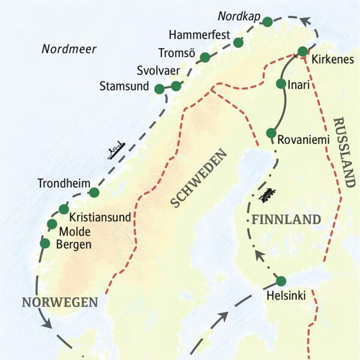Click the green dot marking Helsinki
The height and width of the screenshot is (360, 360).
click(x=280, y=280)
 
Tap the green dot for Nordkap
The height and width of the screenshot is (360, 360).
click(x=268, y=22)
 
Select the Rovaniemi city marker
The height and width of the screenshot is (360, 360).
click(x=271, y=133)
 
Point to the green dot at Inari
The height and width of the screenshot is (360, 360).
click(x=281, y=84)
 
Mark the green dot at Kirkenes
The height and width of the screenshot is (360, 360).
click(x=304, y=51)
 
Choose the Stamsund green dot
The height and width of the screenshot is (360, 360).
click(x=159, y=89)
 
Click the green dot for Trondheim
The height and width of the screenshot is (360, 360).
click(x=94, y=192)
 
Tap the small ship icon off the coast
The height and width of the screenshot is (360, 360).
click(x=115, y=150)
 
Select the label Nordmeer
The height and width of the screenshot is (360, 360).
click(x=69, y=49)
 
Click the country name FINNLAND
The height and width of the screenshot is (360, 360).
click(x=286, y=220)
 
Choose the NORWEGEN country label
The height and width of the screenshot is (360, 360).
click(x=59, y=302)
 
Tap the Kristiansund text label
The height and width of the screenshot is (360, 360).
click(x=100, y=217)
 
